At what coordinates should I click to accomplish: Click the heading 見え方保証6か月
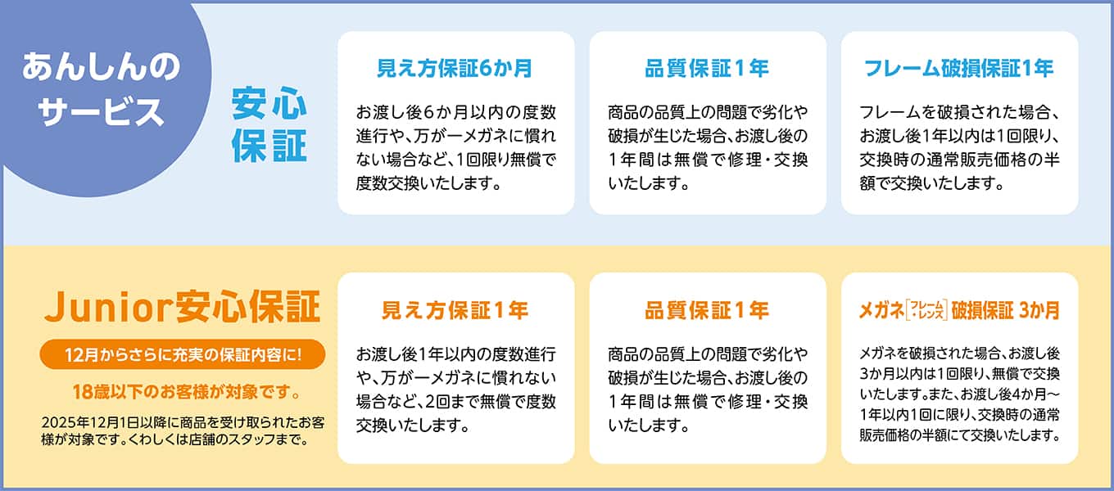click(x=455, y=69)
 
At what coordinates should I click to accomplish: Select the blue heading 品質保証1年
click(x=707, y=69)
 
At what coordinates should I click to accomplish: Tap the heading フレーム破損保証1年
click(x=959, y=69)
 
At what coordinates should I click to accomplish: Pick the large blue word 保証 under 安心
click(x=269, y=146)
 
